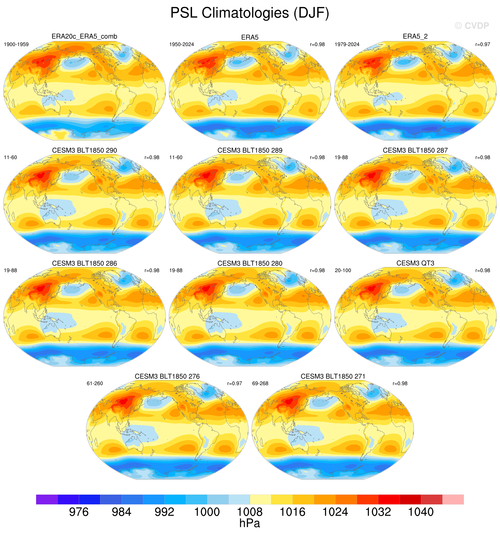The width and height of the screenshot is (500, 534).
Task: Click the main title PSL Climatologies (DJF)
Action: (x=250, y=13)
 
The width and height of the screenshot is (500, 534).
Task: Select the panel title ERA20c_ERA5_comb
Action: (x=84, y=36)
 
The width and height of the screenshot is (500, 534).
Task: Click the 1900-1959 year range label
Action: (x=16, y=44)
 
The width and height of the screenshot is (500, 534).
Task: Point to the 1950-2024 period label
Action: (x=182, y=44)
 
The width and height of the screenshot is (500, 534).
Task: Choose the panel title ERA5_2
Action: (x=415, y=36)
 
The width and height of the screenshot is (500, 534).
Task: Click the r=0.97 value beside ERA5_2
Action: (x=483, y=44)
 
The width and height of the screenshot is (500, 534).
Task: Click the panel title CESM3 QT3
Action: (x=415, y=263)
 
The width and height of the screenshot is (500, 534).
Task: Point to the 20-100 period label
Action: (x=343, y=271)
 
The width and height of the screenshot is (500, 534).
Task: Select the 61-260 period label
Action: (x=95, y=383)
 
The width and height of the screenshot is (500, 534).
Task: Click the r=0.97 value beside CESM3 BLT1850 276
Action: (x=235, y=383)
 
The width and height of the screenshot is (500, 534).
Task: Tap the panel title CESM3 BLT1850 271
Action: (x=333, y=376)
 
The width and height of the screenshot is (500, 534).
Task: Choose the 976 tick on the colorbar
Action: (x=79, y=512)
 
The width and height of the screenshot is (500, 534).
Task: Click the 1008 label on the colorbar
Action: (x=250, y=512)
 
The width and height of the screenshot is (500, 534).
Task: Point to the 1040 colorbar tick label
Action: (x=421, y=512)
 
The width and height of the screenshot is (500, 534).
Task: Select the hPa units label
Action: (x=250, y=523)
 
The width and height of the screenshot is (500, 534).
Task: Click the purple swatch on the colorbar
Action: (x=47, y=499)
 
